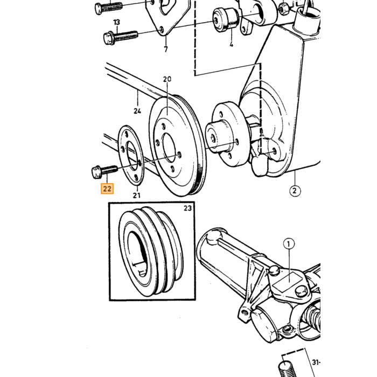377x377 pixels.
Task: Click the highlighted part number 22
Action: tap(107, 188)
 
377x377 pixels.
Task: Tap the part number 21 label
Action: tap(137, 195)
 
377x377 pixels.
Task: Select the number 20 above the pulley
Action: tap(167, 79)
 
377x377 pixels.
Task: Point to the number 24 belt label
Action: tap(137, 111)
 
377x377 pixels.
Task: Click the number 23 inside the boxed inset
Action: tap(188, 208)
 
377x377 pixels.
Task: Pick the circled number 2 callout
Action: tap(295, 191)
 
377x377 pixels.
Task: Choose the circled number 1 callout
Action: tap(289, 244)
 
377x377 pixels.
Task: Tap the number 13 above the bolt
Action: tap(117, 23)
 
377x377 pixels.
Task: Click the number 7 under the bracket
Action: tap(166, 50)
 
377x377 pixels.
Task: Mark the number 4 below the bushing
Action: tap(231, 44)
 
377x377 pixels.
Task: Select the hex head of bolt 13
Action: tap(108, 38)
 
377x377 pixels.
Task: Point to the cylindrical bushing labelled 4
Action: tap(226, 20)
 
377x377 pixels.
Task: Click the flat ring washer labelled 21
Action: tap(131, 156)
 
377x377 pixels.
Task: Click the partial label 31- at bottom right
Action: tap(316, 362)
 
